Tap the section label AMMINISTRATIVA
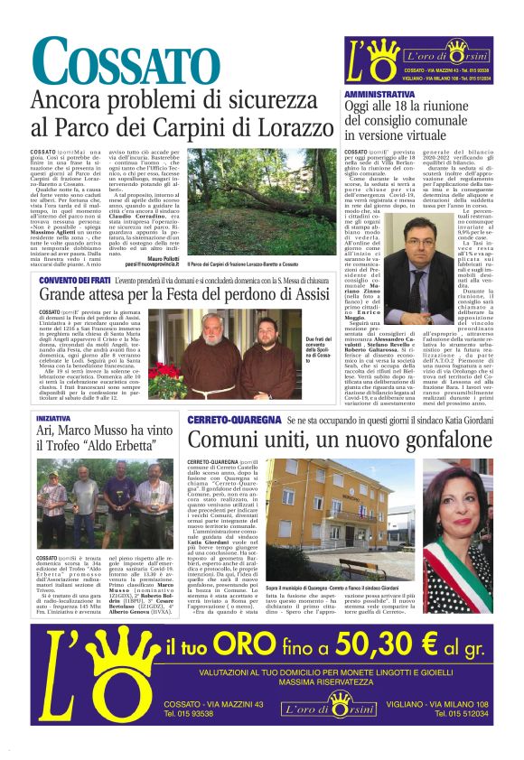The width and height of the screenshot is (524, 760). point(379,94)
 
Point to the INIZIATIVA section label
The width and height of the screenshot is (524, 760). point(53,419)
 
